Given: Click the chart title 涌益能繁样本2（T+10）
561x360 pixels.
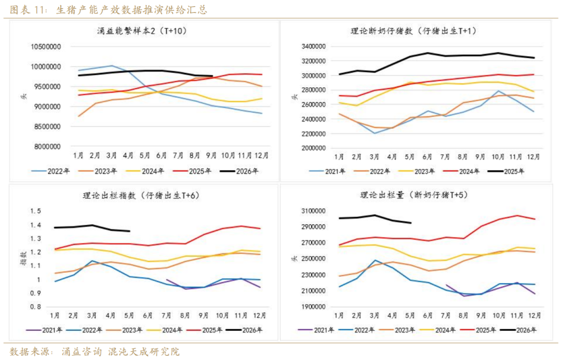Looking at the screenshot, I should point(142,31).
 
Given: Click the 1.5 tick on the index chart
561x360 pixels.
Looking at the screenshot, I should point(35,211).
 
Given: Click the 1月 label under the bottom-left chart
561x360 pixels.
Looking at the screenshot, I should point(54,315).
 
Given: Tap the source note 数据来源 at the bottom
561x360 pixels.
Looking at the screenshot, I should point(29,352).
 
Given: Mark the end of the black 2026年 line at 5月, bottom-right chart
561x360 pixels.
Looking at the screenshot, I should point(411,223).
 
